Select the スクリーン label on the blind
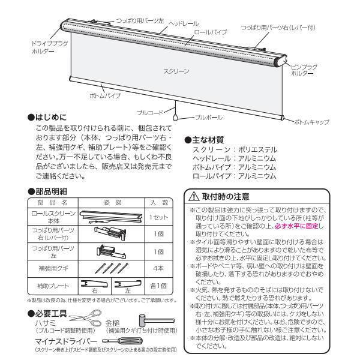tap(176, 71)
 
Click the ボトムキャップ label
tap(311, 122)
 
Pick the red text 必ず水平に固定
tap(299, 226)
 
